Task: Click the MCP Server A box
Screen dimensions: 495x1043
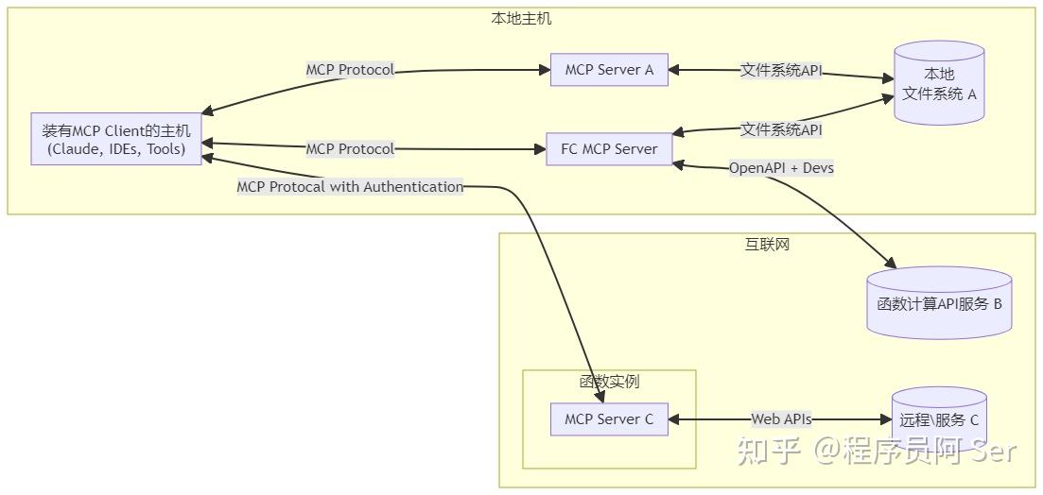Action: point(609,70)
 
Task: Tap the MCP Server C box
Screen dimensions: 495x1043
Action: point(609,419)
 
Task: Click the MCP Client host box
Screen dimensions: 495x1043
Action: point(115,140)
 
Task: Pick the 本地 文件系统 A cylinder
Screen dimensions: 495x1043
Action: point(939,84)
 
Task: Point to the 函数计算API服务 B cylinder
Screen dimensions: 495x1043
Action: point(939,303)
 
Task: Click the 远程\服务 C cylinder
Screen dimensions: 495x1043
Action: point(939,420)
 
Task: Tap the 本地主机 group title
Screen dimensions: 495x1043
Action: point(521,19)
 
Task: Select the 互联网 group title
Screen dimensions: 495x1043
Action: point(767,244)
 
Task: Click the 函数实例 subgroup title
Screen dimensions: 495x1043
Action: point(609,382)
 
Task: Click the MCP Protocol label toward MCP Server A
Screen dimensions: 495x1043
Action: point(350,70)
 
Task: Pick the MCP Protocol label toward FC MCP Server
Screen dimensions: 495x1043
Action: point(350,149)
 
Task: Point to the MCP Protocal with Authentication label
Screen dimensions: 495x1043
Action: point(350,187)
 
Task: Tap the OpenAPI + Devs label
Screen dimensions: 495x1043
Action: point(781,168)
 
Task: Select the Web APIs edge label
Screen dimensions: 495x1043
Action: point(781,419)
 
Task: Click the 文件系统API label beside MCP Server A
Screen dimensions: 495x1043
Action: point(781,71)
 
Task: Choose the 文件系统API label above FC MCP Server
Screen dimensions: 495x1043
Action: point(781,129)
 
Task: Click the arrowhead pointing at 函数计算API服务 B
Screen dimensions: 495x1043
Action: point(890,264)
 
